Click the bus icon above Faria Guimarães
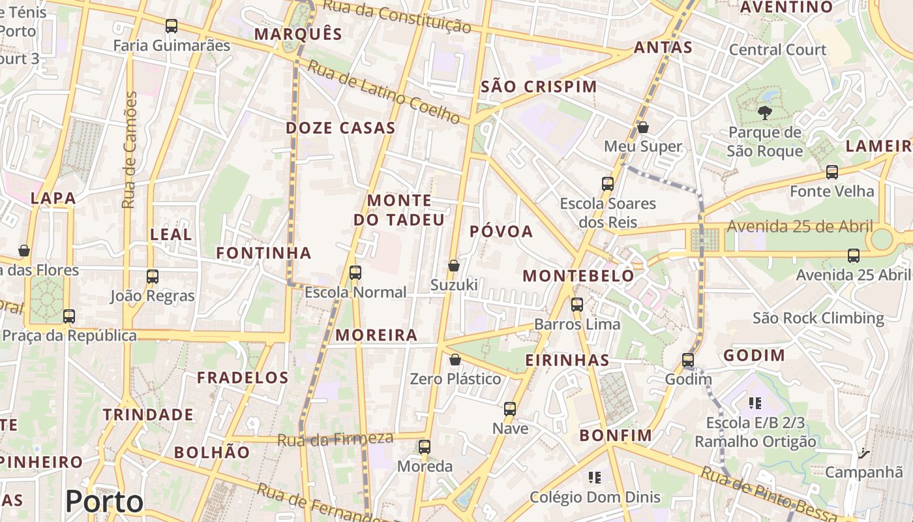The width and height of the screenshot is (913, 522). click(172, 26)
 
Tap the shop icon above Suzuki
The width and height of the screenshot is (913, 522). click(454, 266)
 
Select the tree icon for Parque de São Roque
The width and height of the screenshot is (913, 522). click(764, 113)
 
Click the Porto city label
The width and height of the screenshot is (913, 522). click(104, 501)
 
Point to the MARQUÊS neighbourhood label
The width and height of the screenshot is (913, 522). click(298, 34)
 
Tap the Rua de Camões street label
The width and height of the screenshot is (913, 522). click(130, 150)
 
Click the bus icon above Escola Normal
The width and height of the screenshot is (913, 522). click(355, 273)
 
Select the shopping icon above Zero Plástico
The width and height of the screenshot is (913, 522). click(455, 360)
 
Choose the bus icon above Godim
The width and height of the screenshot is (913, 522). click(688, 360)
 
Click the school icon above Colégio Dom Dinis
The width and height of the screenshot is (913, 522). click(594, 478)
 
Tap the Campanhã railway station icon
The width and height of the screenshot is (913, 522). click(864, 452)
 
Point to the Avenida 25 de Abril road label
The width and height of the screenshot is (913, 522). click(800, 226)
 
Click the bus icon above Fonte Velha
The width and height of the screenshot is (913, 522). click(832, 172)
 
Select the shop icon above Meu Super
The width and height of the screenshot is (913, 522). click(643, 127)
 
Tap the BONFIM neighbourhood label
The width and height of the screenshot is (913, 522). click(616, 435)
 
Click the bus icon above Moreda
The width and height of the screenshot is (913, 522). click(425, 447)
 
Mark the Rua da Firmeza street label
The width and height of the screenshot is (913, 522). click(335, 439)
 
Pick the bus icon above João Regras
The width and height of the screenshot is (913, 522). click(153, 277)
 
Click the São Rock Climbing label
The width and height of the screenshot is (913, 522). click(818, 318)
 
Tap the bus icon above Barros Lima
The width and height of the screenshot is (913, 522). click(577, 304)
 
